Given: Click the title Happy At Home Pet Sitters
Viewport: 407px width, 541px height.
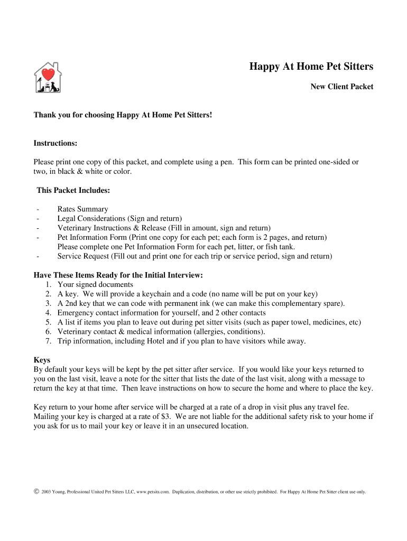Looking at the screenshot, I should coord(311,67).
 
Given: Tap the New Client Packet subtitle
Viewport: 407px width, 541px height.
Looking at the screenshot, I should coord(341,87).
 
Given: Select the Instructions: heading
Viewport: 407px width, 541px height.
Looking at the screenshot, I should coord(55,144).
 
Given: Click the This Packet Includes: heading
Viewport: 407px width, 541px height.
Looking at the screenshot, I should coord(73,190).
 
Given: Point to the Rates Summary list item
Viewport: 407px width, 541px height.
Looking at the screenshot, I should coord(82,209).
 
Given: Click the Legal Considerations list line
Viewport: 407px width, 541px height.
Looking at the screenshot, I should coord(119,219).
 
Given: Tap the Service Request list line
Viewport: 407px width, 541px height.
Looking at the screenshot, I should coord(195,257).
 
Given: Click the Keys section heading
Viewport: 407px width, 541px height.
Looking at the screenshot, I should coord(42,360).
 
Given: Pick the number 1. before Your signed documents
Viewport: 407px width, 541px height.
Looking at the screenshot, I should coord(48,285).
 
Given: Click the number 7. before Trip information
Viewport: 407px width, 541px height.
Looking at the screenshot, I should coord(48,341).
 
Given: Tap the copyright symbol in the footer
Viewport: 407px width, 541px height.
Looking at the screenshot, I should coord(36,491).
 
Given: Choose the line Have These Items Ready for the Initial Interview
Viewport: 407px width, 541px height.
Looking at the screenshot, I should coord(118,275).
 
